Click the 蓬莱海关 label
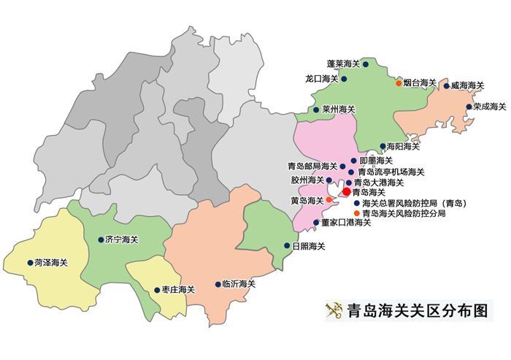[x=344, y=64]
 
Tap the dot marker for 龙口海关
[x=344, y=79]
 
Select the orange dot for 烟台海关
[x=399, y=83]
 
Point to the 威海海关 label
[x=468, y=85]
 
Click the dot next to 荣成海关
[x=469, y=107]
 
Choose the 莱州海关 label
[x=338, y=110]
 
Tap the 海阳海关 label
[x=403, y=146]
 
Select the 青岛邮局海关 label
[x=312, y=166]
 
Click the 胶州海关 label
[x=307, y=180]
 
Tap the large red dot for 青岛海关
[x=346, y=191]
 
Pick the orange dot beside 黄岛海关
[x=329, y=199]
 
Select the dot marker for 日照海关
[x=286, y=246]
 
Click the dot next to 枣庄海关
[x=156, y=290]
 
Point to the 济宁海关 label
[x=122, y=240]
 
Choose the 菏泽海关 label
[x=51, y=262]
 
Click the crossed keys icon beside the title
[x=334, y=310]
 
